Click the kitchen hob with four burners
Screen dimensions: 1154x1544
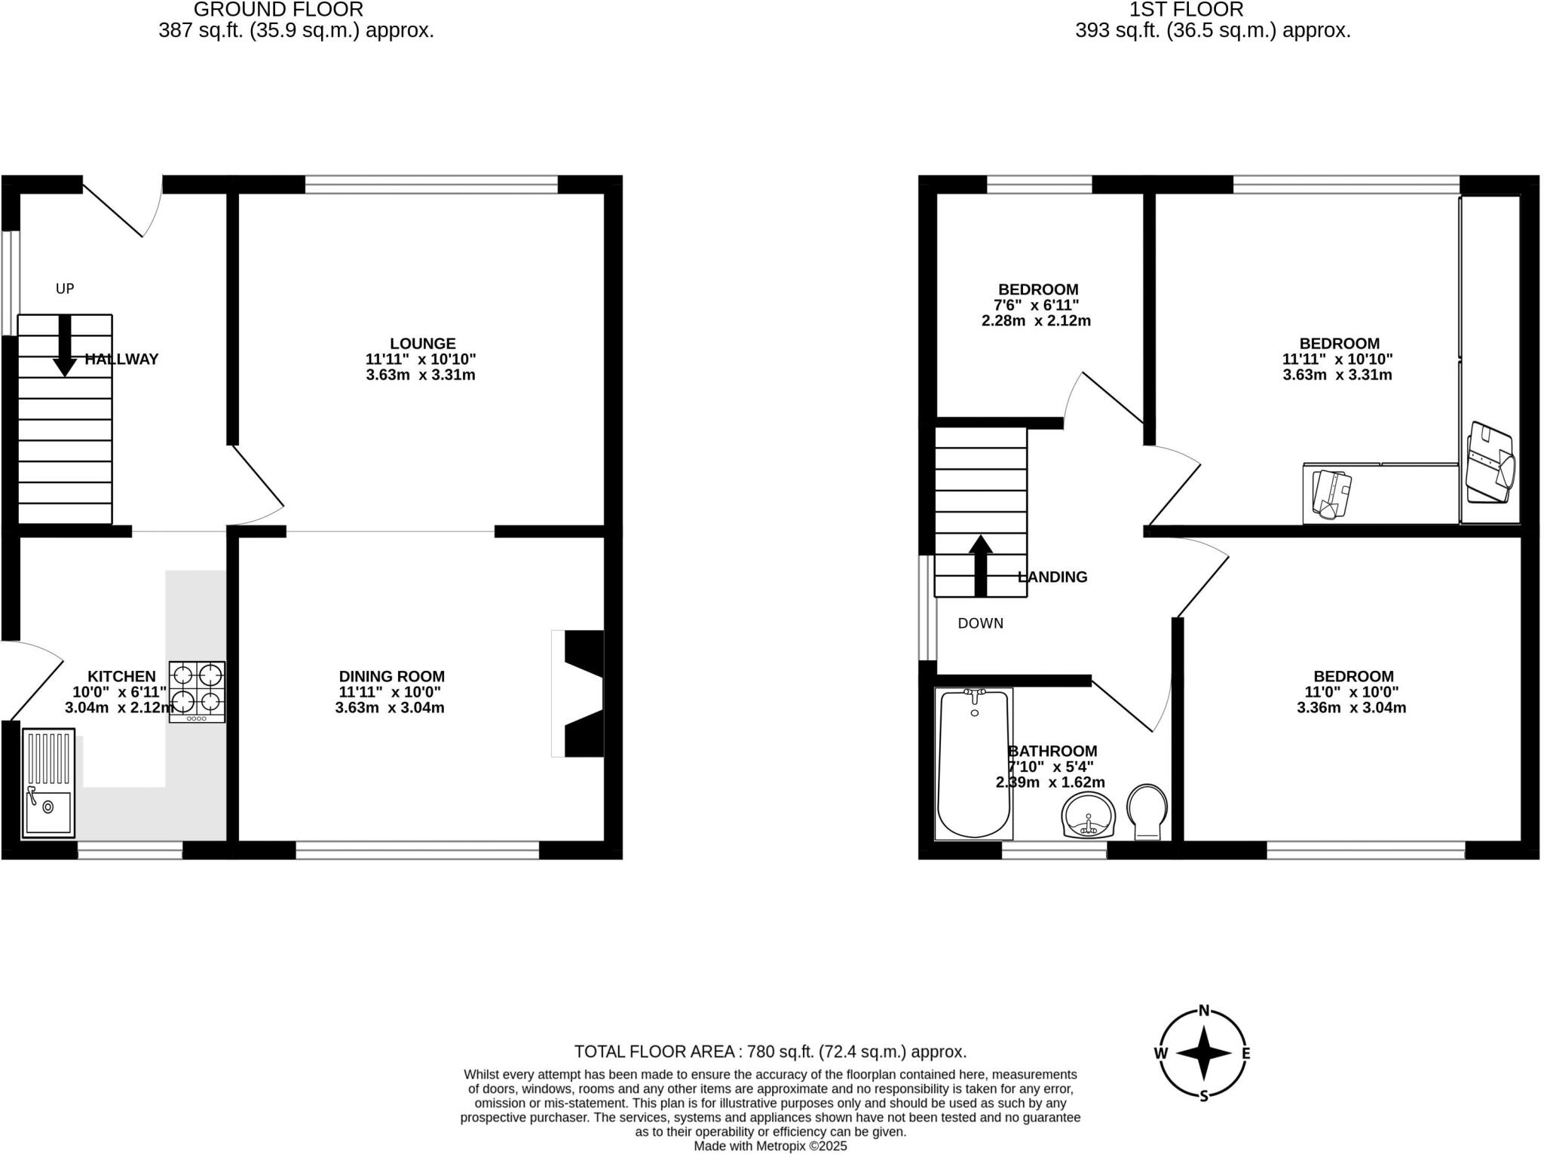tap(197, 692)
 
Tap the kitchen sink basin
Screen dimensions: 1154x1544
tap(48, 813)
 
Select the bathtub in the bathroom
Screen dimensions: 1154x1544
tap(973, 763)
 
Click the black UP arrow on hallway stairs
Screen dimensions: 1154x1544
tap(65, 346)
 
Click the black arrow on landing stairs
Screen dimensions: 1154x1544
tap(980, 565)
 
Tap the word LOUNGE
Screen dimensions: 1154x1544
tap(422, 344)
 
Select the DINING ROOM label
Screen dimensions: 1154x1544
tap(391, 677)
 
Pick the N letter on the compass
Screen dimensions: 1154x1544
tap(1204, 1011)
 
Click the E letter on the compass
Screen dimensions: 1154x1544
tap(1245, 1054)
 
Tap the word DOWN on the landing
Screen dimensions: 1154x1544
tap(980, 623)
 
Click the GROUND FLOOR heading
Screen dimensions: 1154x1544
tap(278, 10)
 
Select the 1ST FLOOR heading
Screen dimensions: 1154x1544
tap(1186, 10)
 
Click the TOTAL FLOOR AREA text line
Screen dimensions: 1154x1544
tap(770, 1051)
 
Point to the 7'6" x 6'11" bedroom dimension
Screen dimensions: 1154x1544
tap(1036, 305)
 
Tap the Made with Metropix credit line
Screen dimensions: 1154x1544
tap(770, 1146)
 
